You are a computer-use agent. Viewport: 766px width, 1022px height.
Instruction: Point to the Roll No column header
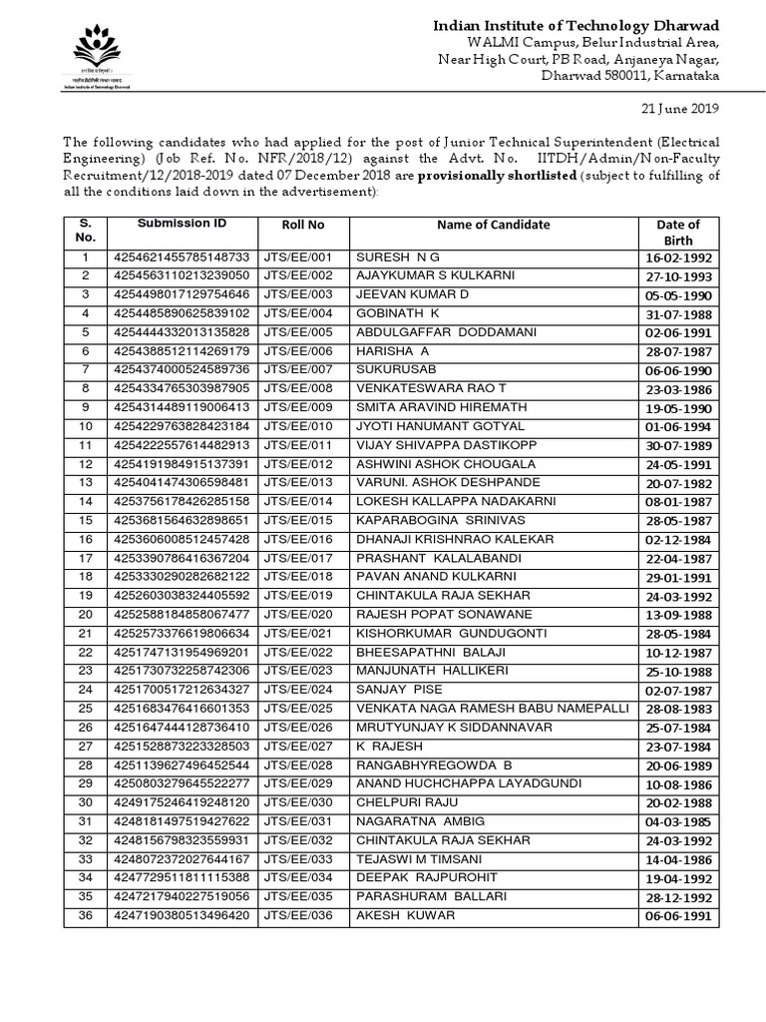tap(302, 226)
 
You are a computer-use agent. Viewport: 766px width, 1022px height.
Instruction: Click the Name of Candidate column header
tap(493, 226)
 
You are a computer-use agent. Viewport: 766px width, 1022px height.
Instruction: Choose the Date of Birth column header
tap(678, 233)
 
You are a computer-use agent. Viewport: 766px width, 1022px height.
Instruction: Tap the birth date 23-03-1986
tap(678, 389)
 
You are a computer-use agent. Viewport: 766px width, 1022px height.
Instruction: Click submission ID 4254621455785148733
tap(182, 257)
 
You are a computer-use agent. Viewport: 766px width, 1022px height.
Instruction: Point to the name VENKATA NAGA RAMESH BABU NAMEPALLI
tap(493, 708)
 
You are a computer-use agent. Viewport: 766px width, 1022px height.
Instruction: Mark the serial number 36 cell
tap(85, 915)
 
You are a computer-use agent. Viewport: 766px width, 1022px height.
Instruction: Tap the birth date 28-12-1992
tap(678, 897)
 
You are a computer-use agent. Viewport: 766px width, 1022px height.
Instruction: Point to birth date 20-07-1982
tap(678, 483)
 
